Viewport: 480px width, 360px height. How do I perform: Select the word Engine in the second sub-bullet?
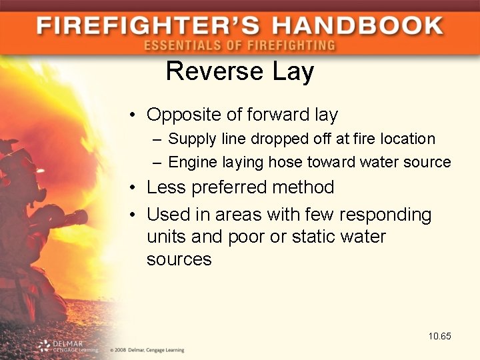[190, 162]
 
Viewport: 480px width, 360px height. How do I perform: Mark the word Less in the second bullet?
[167, 187]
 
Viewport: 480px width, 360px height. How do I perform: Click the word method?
[304, 187]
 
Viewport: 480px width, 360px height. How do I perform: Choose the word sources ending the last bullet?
[179, 259]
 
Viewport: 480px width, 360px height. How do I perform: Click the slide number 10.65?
[440, 336]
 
